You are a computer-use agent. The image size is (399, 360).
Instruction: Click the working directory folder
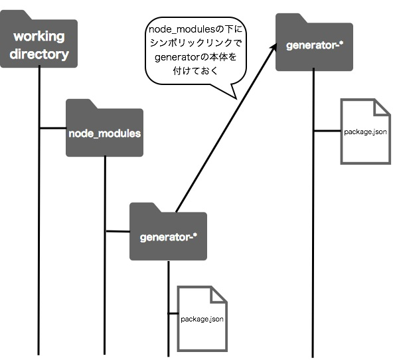[x=39, y=39]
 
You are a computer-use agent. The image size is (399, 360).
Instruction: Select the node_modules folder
[x=104, y=128]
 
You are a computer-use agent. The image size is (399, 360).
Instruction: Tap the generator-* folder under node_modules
[x=168, y=231]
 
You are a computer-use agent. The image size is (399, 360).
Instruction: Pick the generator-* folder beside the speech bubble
[x=314, y=43]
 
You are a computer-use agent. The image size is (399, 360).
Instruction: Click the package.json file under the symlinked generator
[x=202, y=319]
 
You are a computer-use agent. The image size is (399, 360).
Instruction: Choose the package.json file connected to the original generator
[x=366, y=132]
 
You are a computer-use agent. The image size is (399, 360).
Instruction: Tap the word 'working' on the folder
[x=39, y=37]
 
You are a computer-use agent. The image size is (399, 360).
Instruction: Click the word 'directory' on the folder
[x=39, y=54]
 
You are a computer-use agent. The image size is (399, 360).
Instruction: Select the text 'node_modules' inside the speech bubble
[x=182, y=29]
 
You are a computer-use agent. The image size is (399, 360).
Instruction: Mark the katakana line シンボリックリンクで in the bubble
[x=195, y=43]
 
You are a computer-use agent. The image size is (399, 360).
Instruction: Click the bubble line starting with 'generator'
[x=195, y=57]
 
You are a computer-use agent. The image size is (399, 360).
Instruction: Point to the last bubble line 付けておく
[x=195, y=70]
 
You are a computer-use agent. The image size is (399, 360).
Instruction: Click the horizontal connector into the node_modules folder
[x=53, y=128]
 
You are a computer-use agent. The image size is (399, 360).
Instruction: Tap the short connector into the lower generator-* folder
[x=118, y=231]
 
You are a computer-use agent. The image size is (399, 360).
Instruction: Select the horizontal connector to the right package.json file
[x=327, y=131]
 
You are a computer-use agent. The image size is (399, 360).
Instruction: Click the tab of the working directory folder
[x=15, y=15]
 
